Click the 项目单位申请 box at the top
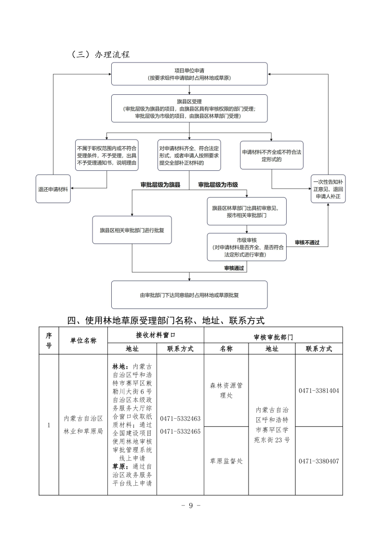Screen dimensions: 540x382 [189, 74]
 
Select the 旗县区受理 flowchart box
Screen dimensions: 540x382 [189, 109]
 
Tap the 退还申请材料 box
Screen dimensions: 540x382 [53, 188]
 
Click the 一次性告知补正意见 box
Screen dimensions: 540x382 [328, 189]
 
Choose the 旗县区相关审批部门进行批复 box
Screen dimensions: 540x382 [132, 230]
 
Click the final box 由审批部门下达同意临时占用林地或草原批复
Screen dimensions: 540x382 [189, 295]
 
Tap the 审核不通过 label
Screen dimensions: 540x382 [307, 242]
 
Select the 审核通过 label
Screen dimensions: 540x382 [234, 268]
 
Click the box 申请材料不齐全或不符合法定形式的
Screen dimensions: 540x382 [272, 155]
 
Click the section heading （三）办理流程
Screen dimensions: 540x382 [100, 54]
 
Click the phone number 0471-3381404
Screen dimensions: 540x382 [318, 390]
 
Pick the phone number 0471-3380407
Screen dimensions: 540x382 [318, 461]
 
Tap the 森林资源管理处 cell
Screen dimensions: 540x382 [226, 390]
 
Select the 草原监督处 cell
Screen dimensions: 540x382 [226, 461]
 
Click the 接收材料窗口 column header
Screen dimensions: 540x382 [155, 334]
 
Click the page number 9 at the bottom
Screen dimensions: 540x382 [191, 505]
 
